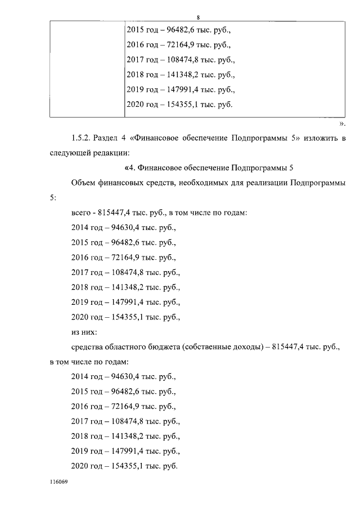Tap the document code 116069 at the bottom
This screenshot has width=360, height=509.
(58, 483)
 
